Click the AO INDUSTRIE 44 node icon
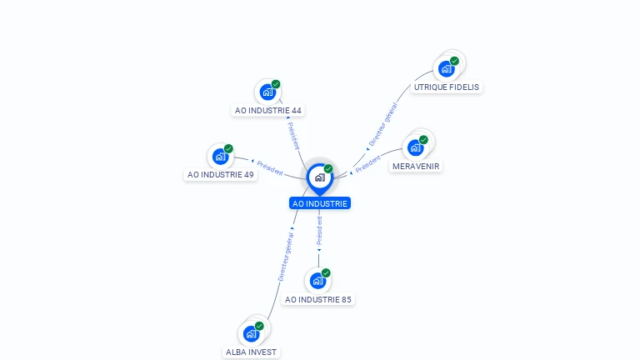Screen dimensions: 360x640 [267, 92]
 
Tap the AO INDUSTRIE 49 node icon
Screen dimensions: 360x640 [220, 156]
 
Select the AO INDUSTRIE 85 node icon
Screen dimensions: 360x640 [317, 281]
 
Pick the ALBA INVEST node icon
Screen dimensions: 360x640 [251, 333]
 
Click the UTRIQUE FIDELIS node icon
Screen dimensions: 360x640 [447, 68]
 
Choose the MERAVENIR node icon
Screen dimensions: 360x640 [415, 147]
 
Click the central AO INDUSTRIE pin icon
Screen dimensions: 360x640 [319, 177]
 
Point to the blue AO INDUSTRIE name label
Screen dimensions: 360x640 [320, 203]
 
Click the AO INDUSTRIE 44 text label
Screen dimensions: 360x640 [268, 110]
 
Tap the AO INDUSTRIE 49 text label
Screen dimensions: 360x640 [221, 175]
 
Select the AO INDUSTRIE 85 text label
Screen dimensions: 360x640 [318, 299]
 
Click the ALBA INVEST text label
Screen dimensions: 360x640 [251, 352]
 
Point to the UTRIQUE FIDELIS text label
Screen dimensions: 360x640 [447, 87]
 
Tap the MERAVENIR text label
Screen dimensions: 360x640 [416, 166]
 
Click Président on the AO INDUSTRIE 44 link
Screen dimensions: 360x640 [293, 136]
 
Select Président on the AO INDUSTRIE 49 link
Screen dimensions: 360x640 [270, 167]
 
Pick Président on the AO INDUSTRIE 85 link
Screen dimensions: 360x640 [319, 231]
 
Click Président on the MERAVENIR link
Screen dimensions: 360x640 [367, 164]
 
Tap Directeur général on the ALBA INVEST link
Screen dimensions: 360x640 [286, 257]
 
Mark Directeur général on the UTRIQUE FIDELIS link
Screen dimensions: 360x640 [383, 125]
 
